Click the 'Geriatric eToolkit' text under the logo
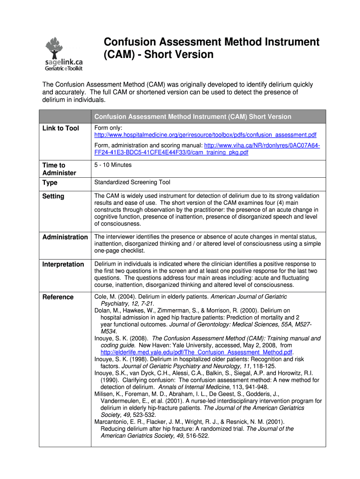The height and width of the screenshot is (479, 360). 64,68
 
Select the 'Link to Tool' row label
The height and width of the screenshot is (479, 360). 61,128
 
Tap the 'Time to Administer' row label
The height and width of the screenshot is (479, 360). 59,169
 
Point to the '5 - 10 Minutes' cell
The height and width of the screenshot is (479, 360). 113,165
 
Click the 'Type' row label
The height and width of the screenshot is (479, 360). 50,182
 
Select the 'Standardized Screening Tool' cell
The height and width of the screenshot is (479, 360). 132,182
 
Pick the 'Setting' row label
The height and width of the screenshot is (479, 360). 53,196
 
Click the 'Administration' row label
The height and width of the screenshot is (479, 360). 65,237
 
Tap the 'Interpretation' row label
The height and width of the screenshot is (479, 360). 63,264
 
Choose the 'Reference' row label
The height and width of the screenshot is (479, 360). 58,297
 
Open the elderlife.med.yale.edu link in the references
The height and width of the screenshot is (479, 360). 196,352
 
